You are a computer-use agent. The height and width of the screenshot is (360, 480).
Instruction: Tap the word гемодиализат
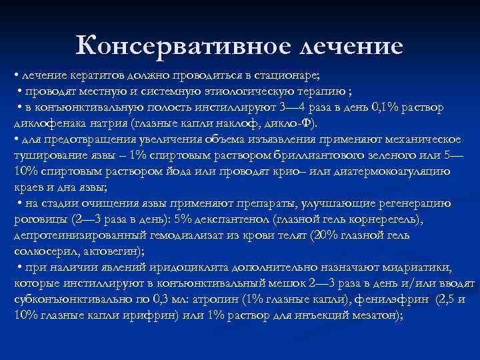tap(159, 235)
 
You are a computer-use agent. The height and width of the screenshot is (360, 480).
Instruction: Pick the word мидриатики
tap(431, 267)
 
